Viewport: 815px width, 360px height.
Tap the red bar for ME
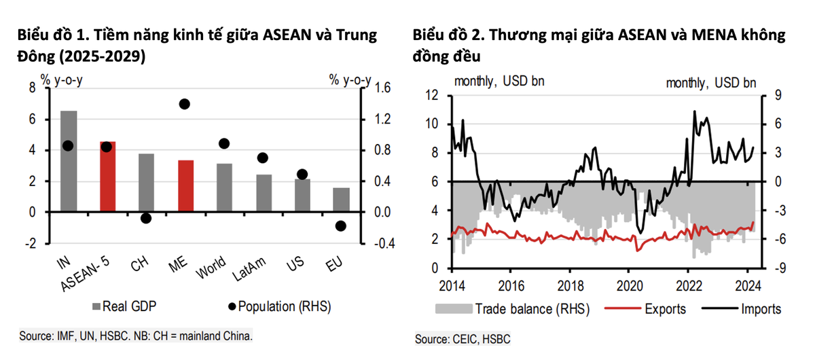point(185,186)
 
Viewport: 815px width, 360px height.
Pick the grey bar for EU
point(342,200)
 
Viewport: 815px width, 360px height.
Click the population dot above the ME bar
point(184,104)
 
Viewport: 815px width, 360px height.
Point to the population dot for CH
point(146,218)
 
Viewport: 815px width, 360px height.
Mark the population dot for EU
point(341,226)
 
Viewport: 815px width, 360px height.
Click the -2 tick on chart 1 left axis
point(31,243)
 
